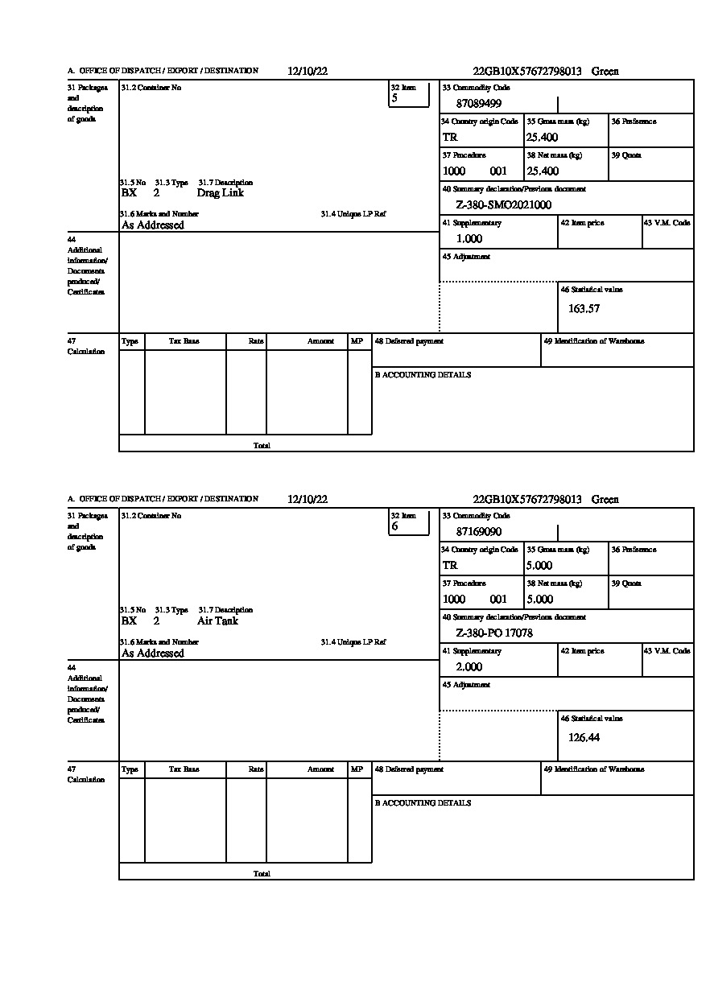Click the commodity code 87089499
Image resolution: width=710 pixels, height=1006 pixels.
(479, 103)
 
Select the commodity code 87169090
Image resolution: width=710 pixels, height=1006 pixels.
(479, 531)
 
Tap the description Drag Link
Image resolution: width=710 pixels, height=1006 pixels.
(220, 193)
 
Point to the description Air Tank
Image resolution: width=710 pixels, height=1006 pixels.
(217, 621)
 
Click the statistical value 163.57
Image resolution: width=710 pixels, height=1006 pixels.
(584, 308)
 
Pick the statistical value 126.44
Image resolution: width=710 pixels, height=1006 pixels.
(584, 737)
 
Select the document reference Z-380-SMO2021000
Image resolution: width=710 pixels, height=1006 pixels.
(504, 205)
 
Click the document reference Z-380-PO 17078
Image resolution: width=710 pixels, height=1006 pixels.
(494, 633)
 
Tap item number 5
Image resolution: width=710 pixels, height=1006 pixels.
(394, 98)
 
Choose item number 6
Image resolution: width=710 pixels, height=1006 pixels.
(394, 526)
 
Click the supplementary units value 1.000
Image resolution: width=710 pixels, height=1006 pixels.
(469, 239)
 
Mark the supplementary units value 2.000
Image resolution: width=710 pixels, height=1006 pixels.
(469, 667)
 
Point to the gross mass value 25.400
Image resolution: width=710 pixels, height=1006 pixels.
(542, 138)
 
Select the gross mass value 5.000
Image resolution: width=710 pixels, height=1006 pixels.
(539, 566)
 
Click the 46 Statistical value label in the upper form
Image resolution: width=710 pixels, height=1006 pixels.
(591, 290)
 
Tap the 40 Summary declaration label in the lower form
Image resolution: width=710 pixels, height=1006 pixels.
(514, 617)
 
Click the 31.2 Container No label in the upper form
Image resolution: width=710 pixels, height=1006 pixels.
(151, 88)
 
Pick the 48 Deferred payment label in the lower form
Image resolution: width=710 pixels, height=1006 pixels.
(409, 769)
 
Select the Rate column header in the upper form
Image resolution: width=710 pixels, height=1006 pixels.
(256, 341)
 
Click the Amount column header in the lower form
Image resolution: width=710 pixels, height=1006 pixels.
(320, 769)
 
